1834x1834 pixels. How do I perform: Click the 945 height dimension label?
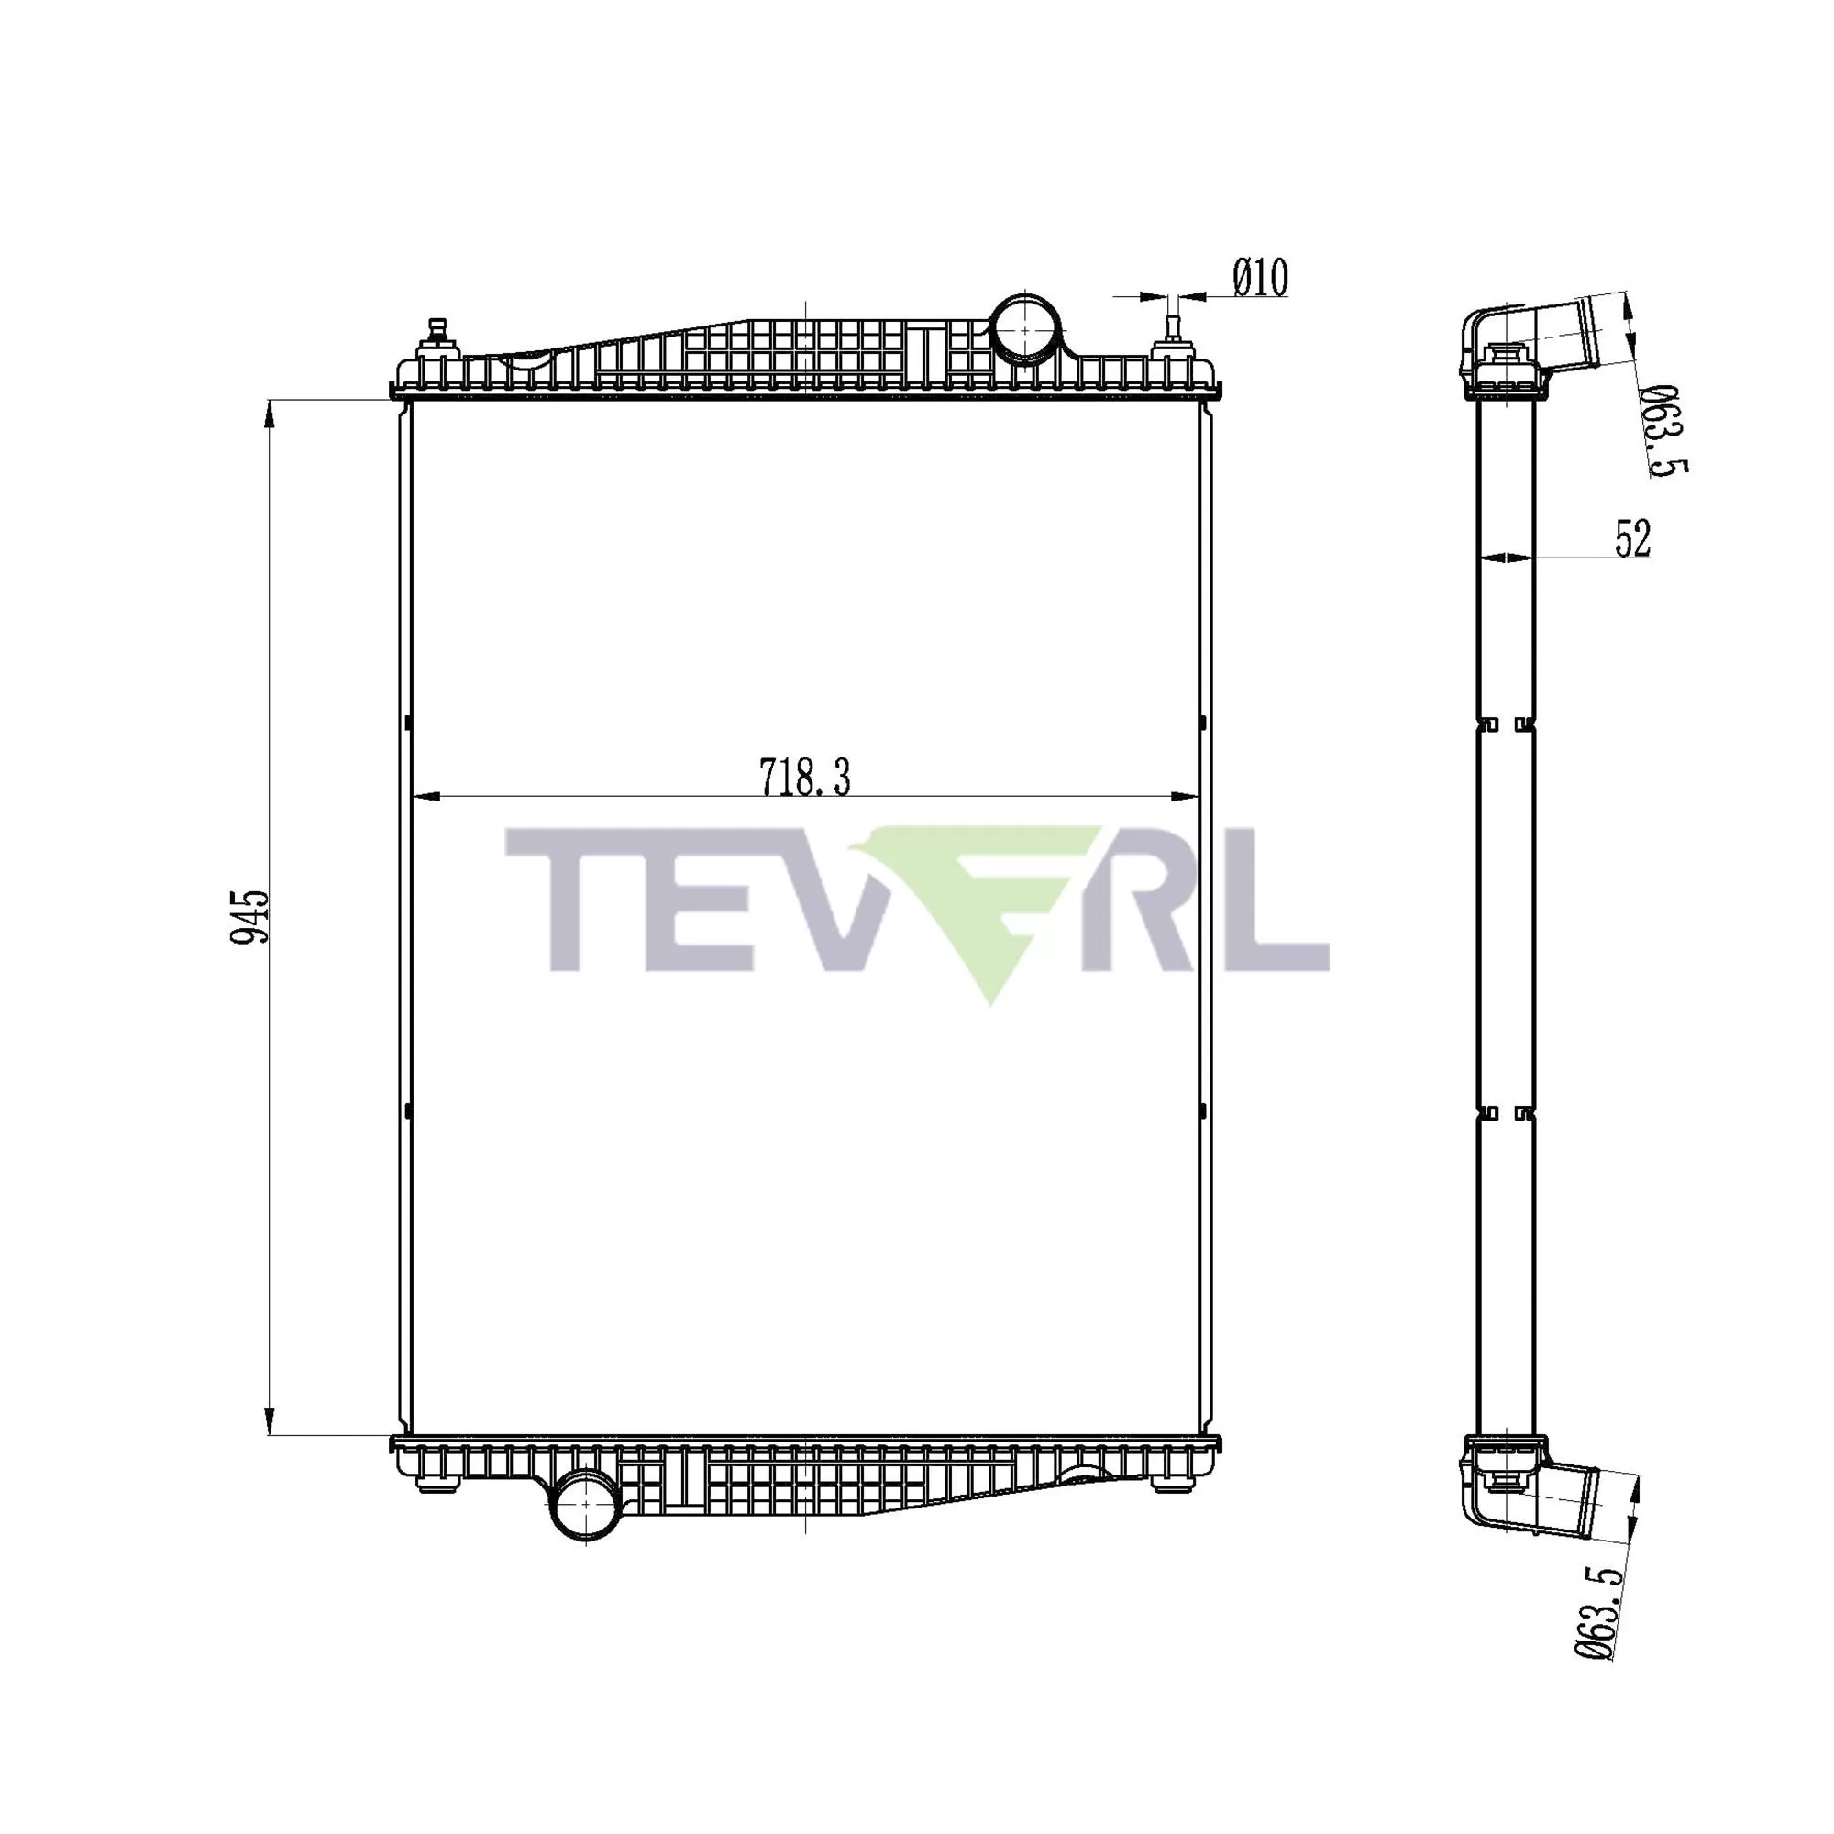click(252, 916)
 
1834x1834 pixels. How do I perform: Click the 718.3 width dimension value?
click(804, 778)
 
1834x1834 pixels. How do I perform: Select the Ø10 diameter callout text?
click(1260, 278)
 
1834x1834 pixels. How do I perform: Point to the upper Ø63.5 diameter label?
click(1666, 430)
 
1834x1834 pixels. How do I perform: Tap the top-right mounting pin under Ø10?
click(1171, 331)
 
